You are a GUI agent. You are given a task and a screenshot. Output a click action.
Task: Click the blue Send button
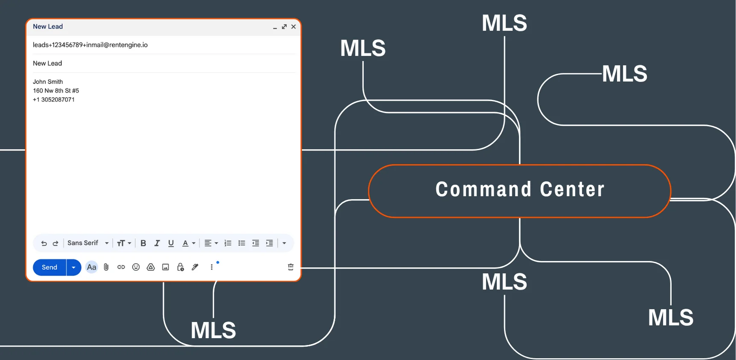(49, 267)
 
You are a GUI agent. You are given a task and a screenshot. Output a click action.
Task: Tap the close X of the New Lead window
(294, 26)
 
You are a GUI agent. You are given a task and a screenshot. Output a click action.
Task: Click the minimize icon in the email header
(275, 27)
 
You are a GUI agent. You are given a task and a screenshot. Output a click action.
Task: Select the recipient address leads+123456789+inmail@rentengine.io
(90, 45)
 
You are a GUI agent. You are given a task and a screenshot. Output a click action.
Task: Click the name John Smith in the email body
(48, 81)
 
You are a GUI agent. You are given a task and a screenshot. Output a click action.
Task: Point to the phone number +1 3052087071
(54, 99)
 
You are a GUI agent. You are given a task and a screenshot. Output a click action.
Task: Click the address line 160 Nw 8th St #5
(56, 90)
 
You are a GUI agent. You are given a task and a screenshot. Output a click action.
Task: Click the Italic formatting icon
(157, 243)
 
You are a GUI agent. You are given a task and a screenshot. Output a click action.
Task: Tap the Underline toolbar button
(171, 243)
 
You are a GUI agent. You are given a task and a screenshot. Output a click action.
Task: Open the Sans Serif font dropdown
(88, 243)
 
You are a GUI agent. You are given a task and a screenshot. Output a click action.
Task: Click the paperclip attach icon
(106, 267)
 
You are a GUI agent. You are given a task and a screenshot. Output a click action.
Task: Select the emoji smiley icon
(136, 267)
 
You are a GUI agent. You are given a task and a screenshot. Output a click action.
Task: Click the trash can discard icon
(291, 267)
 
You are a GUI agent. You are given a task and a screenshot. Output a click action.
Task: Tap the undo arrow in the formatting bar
(44, 243)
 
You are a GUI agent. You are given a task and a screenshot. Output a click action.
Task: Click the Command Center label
(520, 189)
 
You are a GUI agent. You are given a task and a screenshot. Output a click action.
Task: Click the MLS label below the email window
(213, 330)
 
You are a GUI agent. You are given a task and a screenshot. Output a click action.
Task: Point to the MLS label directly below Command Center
(504, 282)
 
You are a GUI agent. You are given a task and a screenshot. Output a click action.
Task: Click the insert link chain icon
(121, 267)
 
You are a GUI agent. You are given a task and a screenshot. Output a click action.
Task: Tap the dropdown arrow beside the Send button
(74, 267)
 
